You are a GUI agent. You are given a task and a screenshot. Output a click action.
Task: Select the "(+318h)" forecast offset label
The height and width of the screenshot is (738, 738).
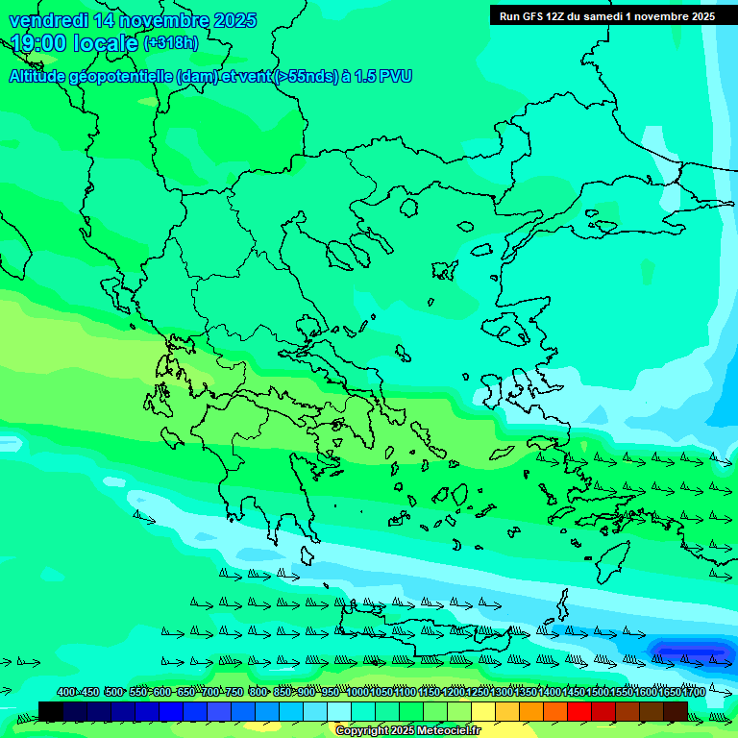171,43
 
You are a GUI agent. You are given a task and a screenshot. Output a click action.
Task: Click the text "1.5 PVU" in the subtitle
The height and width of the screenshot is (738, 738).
382,77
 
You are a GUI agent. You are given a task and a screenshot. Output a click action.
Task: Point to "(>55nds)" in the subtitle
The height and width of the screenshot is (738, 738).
306,77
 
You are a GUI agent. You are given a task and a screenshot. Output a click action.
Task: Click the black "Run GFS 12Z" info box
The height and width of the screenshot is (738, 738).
606,15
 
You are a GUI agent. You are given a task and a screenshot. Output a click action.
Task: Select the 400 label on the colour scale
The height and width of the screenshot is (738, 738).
65,693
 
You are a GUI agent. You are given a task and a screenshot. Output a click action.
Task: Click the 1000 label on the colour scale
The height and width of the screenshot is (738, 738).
357,693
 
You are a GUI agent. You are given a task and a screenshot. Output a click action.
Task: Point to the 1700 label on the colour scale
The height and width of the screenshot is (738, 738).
694,693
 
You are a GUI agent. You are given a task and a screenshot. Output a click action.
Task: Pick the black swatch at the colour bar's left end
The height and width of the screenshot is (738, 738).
51,711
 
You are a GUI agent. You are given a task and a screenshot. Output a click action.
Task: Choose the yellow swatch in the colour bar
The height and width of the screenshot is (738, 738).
483,711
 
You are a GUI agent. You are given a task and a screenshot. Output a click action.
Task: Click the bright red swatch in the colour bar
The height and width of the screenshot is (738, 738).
579,711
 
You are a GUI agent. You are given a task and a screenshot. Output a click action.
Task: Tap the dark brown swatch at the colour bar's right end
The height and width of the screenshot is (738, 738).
676,711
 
